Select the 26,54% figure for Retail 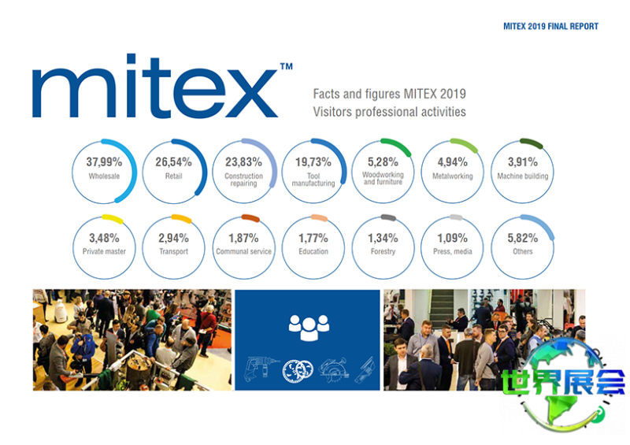(173, 163)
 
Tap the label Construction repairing (243, 180)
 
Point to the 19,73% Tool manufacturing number (312, 163)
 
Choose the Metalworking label (452, 176)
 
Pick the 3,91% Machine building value (522, 163)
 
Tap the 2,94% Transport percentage (173, 238)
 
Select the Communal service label (243, 252)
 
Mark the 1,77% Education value (313, 238)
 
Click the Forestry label (383, 252)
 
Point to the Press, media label (452, 252)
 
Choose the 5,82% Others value (522, 238)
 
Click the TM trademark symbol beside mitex (286, 68)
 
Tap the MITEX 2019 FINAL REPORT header (550, 26)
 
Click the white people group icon (309, 324)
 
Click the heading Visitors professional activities (389, 112)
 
